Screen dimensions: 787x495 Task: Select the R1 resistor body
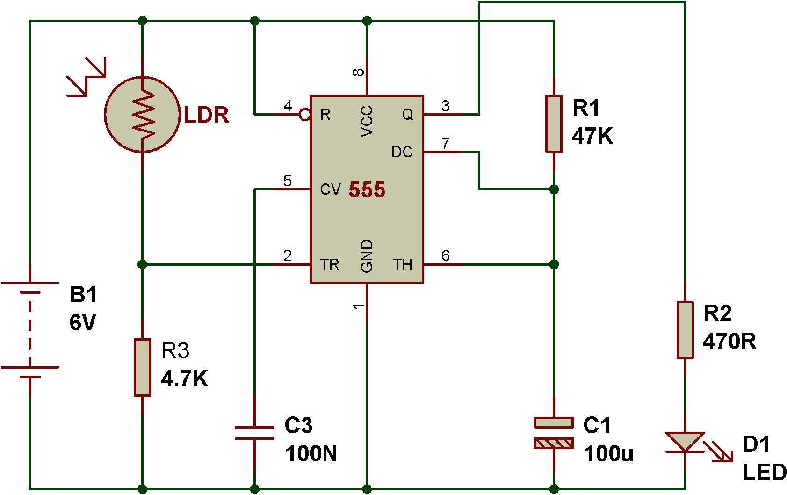(554, 124)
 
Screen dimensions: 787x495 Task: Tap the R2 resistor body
(685, 330)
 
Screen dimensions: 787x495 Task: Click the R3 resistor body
(142, 367)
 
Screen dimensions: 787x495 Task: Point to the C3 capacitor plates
(254, 433)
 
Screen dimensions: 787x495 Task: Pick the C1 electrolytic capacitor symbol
(554, 433)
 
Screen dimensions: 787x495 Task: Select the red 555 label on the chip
(367, 189)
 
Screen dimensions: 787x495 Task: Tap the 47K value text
(592, 136)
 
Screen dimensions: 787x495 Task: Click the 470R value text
(729, 341)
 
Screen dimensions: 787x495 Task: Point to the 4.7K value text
(184, 379)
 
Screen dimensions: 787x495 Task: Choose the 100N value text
(311, 453)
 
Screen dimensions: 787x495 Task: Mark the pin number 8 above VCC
(358, 73)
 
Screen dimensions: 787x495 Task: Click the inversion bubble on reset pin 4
(304, 114)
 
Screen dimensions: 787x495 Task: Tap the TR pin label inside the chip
(330, 265)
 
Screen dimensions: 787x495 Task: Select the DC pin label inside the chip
(402, 152)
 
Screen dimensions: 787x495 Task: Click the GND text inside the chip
(367, 256)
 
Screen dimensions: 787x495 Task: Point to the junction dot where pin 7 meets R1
(554, 189)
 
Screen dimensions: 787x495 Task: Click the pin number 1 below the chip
(358, 306)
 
